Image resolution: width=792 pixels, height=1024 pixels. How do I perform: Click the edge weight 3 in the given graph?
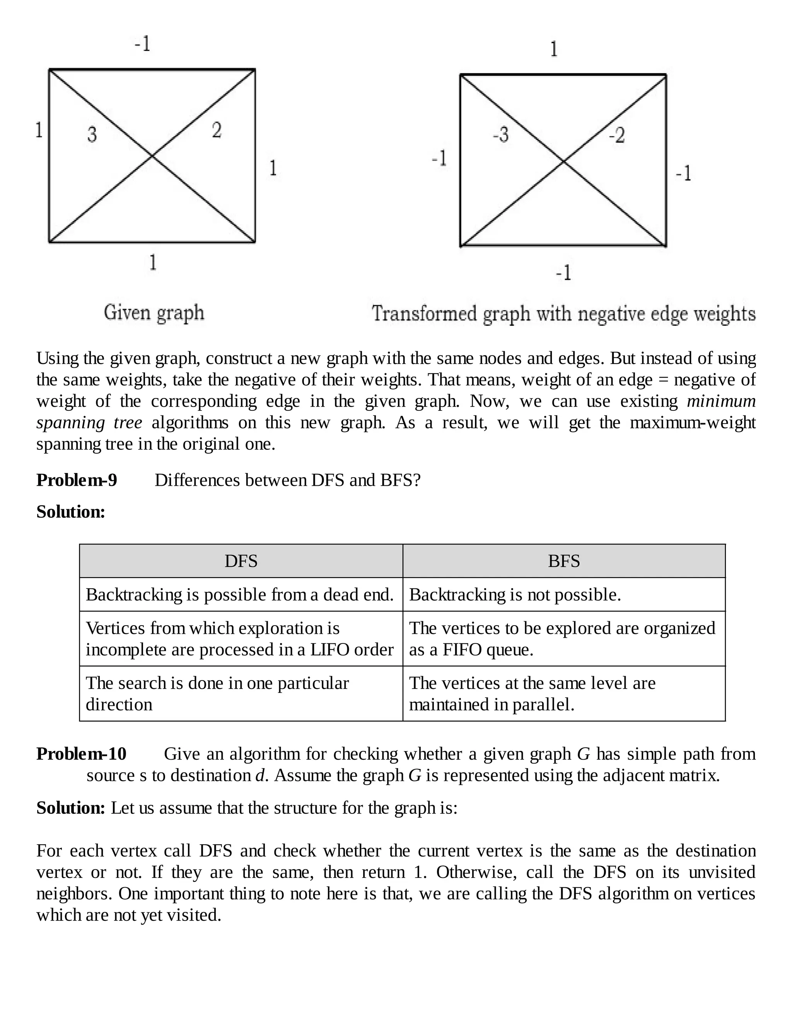[x=92, y=134]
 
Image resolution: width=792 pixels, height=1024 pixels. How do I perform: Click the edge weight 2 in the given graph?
[x=216, y=130]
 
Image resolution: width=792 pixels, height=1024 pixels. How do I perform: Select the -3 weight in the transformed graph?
[x=501, y=134]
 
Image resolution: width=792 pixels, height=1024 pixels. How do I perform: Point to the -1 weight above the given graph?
[x=142, y=44]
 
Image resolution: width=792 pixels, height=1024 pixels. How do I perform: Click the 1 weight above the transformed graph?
[x=554, y=49]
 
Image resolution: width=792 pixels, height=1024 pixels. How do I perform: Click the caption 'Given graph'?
[x=154, y=313]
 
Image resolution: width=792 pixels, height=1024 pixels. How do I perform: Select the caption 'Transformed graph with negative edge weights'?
[x=563, y=313]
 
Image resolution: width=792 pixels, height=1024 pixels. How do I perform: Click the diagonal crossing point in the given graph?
[x=152, y=156]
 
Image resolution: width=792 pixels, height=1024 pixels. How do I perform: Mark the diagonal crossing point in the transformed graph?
[x=563, y=161]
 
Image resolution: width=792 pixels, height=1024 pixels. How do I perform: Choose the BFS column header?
[x=564, y=561]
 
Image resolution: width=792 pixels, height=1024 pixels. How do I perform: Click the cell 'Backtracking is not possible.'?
[x=515, y=595]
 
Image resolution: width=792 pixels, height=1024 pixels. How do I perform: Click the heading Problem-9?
[x=77, y=480]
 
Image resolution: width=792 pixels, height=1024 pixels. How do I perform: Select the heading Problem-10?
[x=82, y=754]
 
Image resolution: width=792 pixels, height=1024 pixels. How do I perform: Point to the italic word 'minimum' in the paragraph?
[x=721, y=401]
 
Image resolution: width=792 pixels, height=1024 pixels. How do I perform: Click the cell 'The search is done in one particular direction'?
[x=217, y=694]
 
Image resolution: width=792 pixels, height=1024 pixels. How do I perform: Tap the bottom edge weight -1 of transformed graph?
[x=563, y=272]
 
